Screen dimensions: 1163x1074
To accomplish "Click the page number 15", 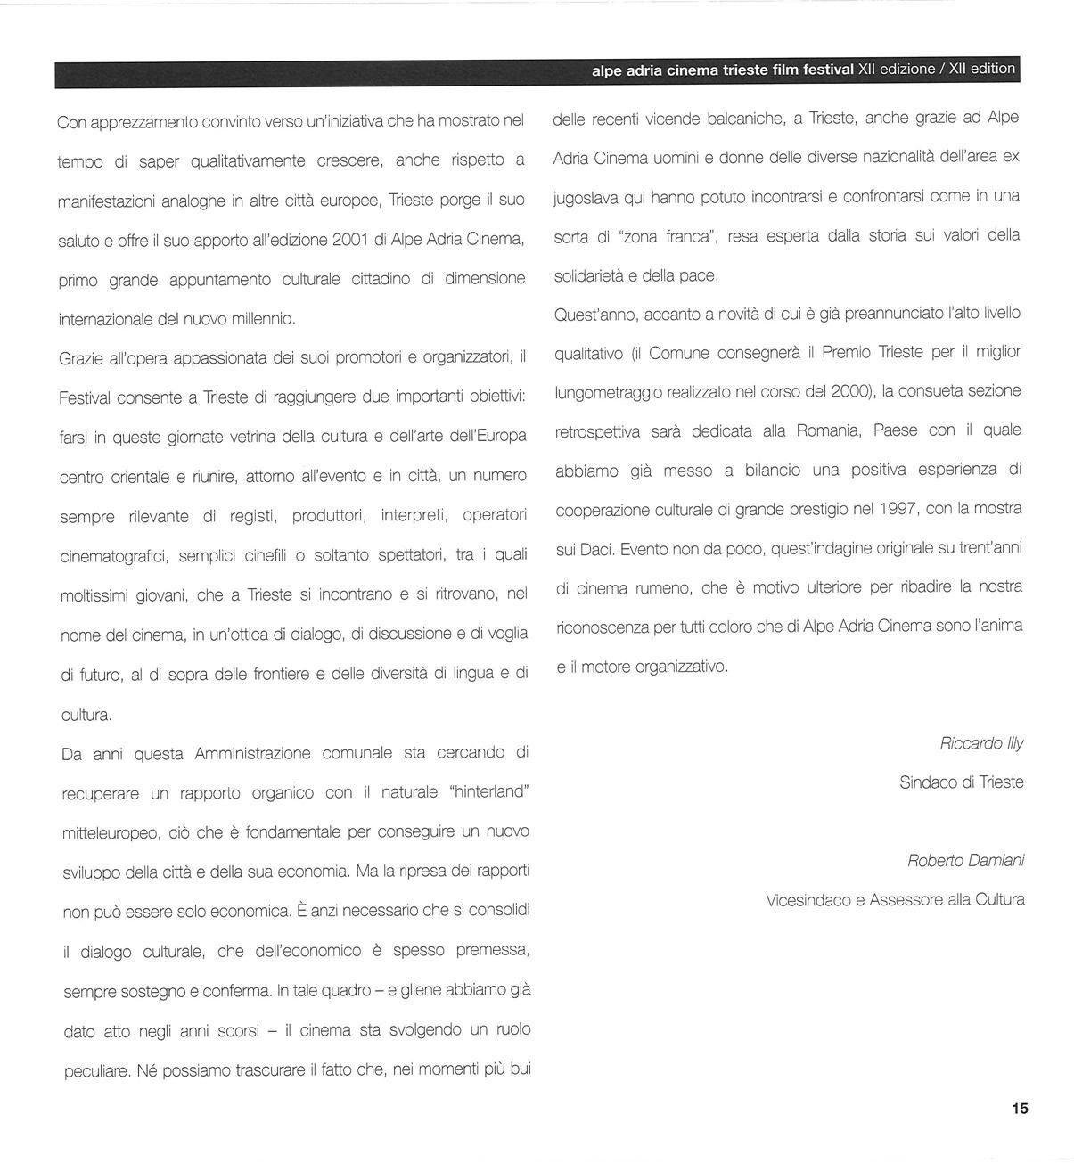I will coord(1020,1109).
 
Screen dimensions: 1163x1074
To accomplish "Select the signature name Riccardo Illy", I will coord(981,743).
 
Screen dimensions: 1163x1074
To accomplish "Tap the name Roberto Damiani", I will coord(965,861).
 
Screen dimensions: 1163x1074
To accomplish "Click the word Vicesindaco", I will coord(808,900).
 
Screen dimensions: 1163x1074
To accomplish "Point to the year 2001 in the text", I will coord(349,240).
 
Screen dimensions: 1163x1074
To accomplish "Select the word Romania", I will coord(829,430).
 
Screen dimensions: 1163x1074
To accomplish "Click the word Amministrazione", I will coord(252,754).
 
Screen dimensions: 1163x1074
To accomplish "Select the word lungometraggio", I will coord(608,392).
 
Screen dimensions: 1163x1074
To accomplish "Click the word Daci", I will coord(595,549).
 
